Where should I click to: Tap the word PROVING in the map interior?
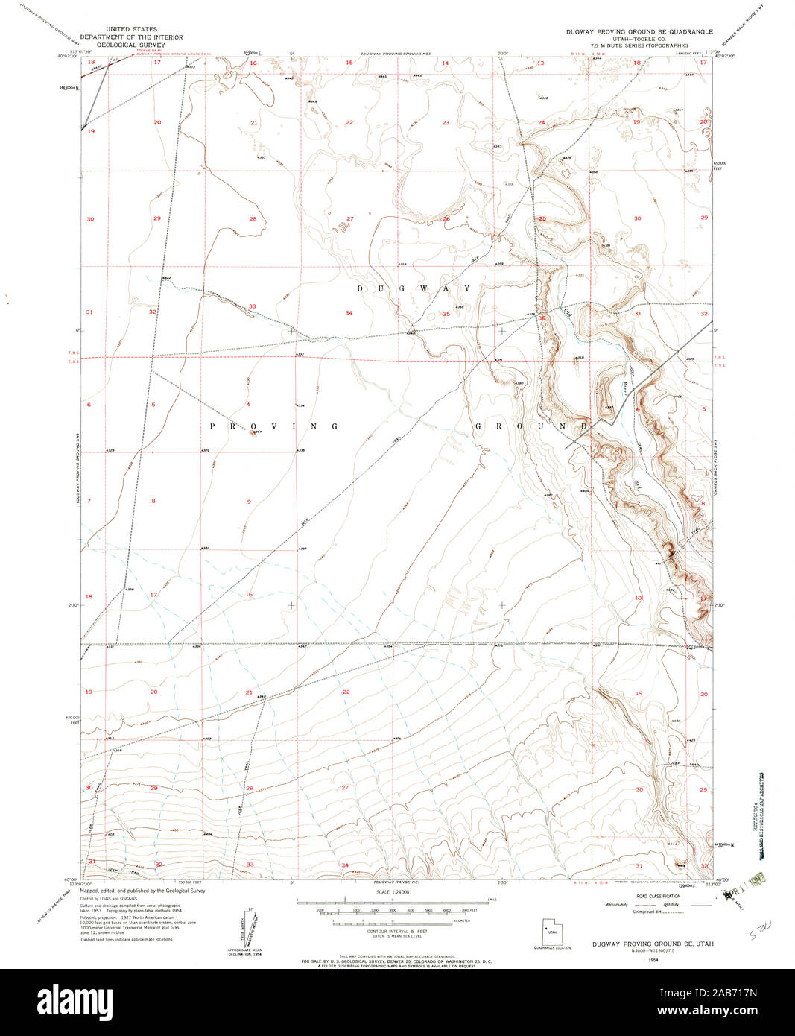click(x=274, y=426)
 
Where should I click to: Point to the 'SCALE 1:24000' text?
click(x=393, y=892)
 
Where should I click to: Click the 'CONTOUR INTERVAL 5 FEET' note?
click(x=393, y=931)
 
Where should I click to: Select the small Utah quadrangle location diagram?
click(x=551, y=931)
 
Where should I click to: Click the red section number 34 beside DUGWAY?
click(x=348, y=312)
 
